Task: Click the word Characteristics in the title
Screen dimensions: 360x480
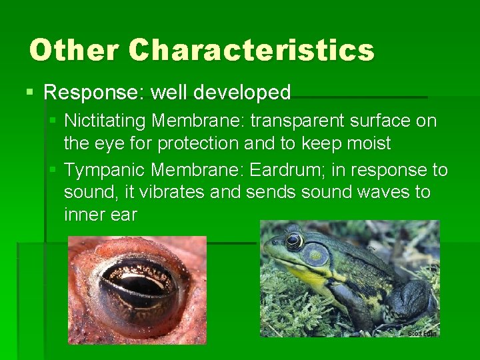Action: [x=251, y=50]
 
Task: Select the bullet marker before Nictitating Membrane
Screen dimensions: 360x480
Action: [x=54, y=121]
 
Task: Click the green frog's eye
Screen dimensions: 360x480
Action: [x=294, y=240]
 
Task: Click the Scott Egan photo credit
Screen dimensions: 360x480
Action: [x=421, y=332]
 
